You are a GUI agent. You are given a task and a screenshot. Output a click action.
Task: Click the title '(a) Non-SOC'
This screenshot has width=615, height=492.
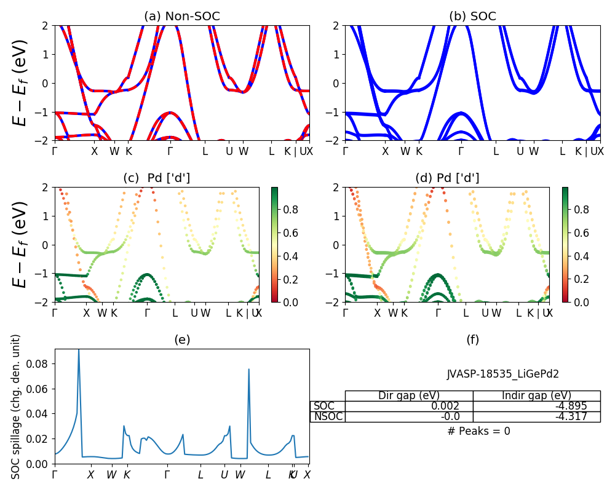pos(182,17)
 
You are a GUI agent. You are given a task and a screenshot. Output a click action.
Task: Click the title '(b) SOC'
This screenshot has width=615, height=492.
pos(472,17)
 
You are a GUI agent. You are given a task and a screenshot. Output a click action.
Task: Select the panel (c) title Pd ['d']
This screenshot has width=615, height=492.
pos(156,178)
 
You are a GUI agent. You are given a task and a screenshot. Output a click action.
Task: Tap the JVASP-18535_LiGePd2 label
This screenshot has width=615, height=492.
pos(502,374)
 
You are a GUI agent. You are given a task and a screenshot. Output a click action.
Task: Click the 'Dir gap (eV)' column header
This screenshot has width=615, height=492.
pos(409,395)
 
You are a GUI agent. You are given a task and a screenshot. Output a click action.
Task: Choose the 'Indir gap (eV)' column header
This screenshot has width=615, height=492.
pos(536,395)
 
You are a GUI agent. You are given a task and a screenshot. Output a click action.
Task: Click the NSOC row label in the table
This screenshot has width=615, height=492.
pos(328,416)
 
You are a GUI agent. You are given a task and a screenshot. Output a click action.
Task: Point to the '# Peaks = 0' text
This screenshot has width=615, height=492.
pos(478,431)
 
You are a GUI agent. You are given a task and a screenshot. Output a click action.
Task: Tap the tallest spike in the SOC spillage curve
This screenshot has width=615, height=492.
pos(79,350)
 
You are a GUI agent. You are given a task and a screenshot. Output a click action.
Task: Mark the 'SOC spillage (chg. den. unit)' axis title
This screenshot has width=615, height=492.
pos(17,407)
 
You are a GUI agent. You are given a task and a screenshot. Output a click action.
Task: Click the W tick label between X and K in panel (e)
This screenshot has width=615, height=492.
pos(111,475)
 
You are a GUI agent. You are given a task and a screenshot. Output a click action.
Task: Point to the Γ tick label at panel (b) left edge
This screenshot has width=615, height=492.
pos(346,151)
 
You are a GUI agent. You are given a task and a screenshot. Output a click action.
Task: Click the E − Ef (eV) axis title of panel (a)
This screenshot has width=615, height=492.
pos(20,82)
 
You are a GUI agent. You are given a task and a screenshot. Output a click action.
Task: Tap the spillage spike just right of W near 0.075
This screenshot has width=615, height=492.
pos(248,369)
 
